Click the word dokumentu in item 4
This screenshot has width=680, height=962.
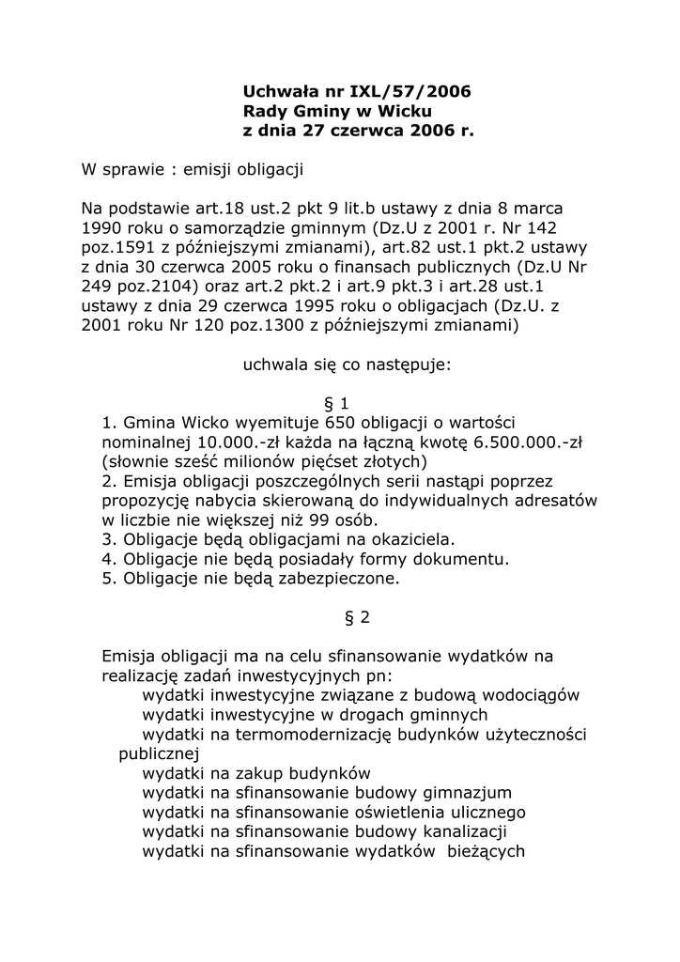coord(460,559)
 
